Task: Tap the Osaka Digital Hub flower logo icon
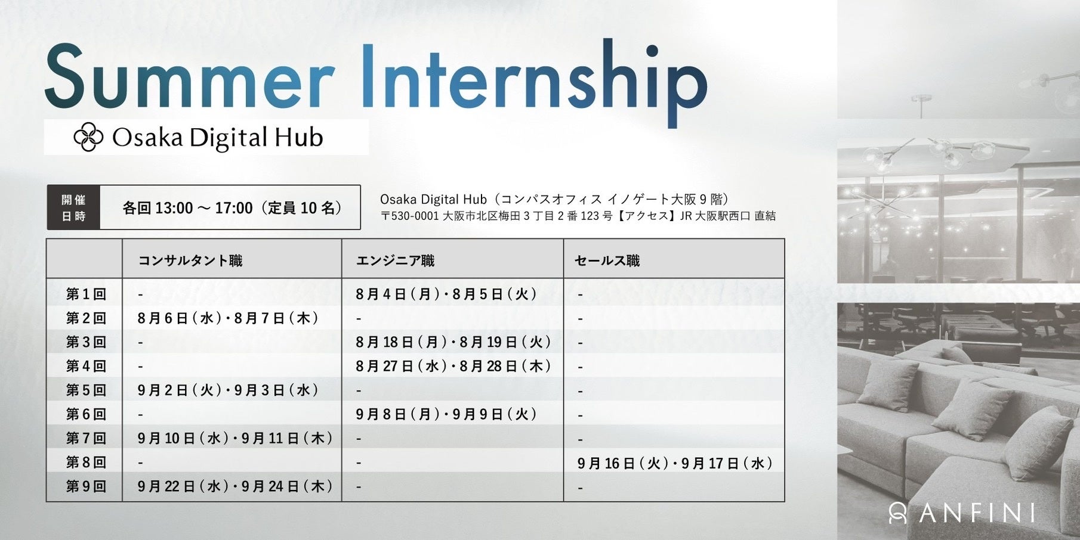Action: pos(89,137)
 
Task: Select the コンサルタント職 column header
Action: pos(190,260)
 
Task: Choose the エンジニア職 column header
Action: pos(395,260)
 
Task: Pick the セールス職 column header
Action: pos(607,260)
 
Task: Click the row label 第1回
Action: pos(86,294)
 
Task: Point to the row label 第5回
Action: pos(86,390)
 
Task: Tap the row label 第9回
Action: pos(86,486)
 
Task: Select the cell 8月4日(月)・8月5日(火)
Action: pos(446,294)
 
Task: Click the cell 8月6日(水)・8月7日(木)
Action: pos(228,318)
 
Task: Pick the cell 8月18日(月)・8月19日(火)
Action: pos(453,342)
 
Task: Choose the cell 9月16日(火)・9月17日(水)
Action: pos(675,463)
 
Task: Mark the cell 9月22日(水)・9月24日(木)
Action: pos(235,486)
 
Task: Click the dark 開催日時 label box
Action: pos(73,207)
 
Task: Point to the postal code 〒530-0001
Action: pos(410,216)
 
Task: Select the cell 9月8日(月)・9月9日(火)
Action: pos(446,414)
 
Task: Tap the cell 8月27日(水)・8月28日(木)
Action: pos(453,366)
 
